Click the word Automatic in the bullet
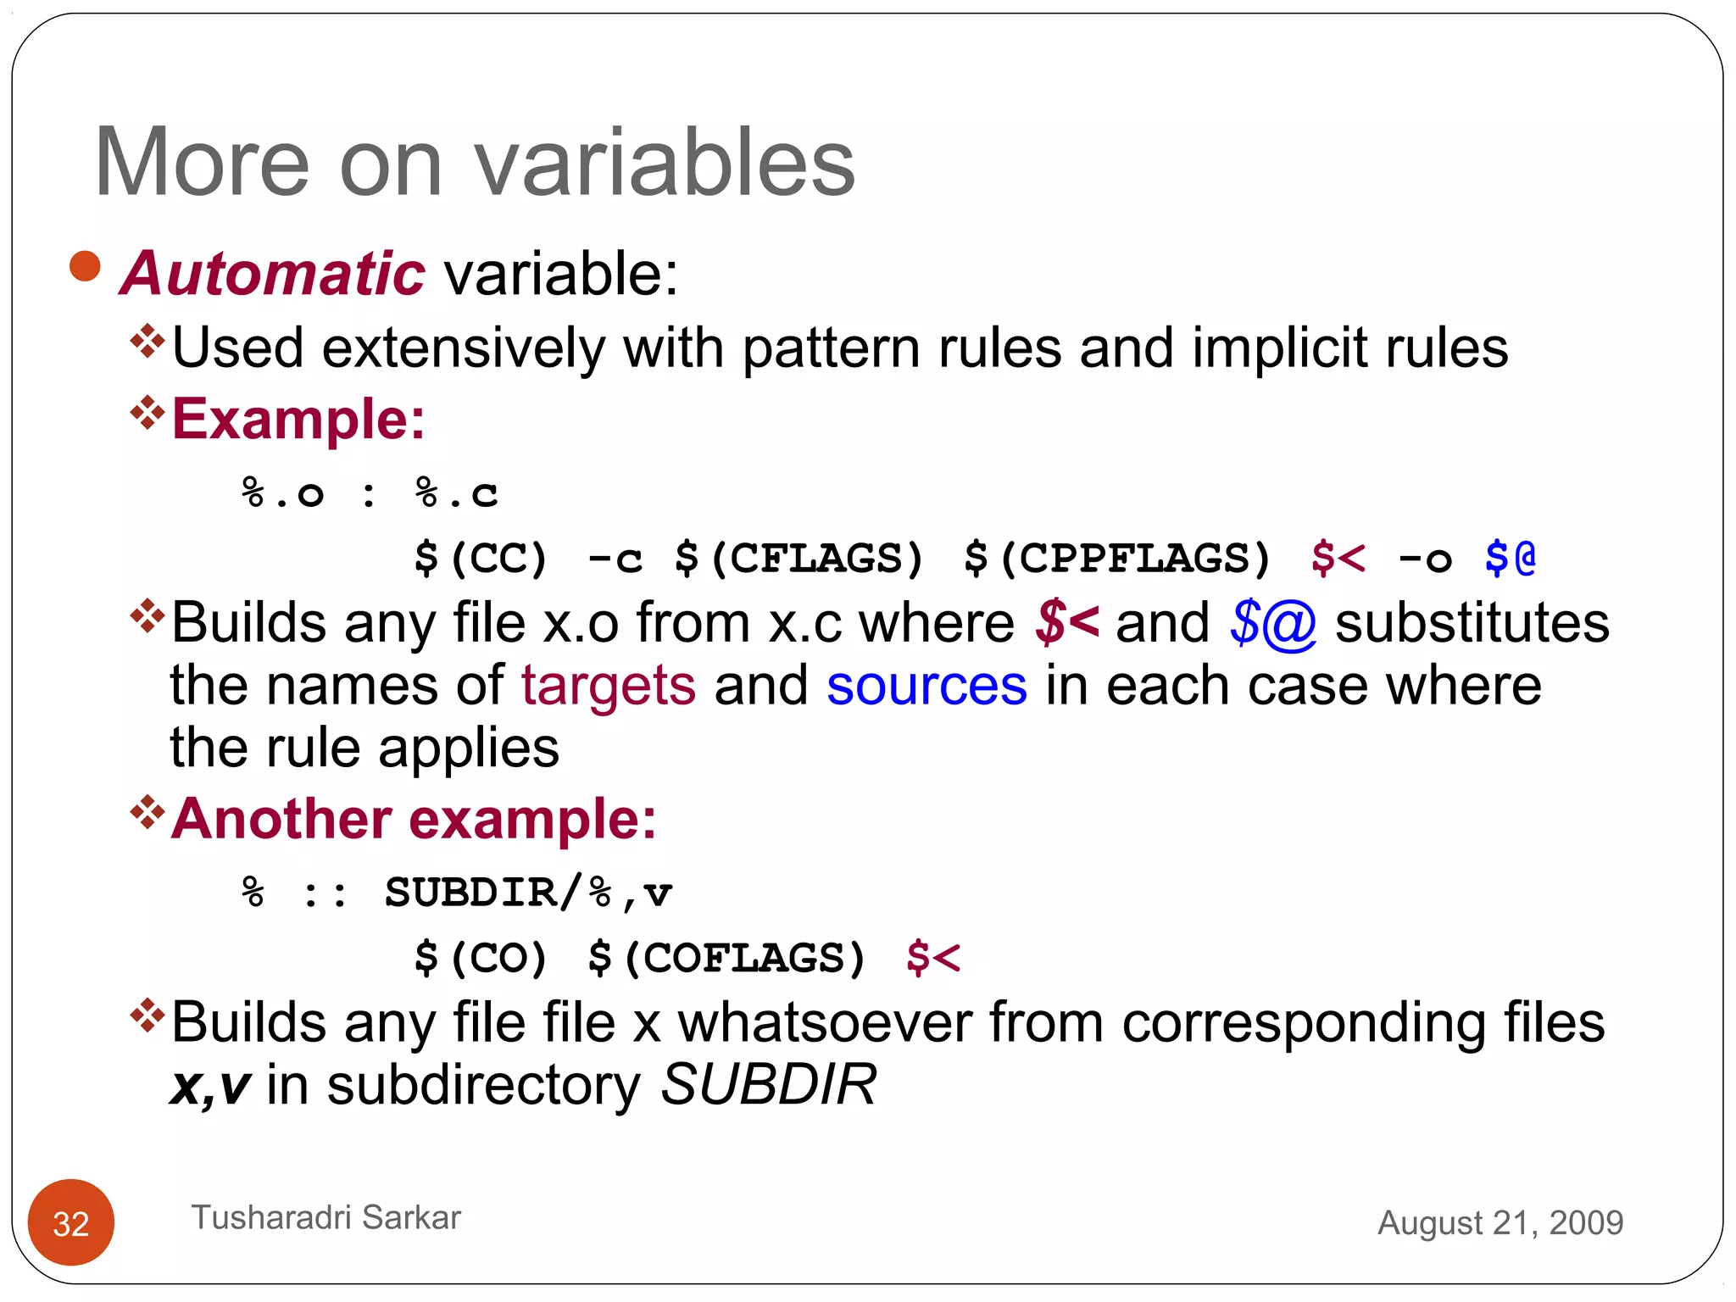[x=272, y=274]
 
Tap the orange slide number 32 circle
[x=71, y=1222]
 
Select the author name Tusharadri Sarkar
[x=325, y=1217]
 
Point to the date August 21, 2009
[x=1500, y=1222]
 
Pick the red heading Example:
[x=298, y=419]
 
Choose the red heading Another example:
[x=414, y=819]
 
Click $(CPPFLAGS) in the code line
[x=1117, y=559]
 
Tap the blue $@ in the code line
[x=1510, y=559]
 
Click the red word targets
[x=608, y=685]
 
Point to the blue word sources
[x=926, y=685]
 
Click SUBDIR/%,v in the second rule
[x=528, y=893]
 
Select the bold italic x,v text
[x=210, y=1086]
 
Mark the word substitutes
[x=1472, y=622]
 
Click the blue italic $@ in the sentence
[x=1272, y=624]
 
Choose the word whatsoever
[x=824, y=1022]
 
